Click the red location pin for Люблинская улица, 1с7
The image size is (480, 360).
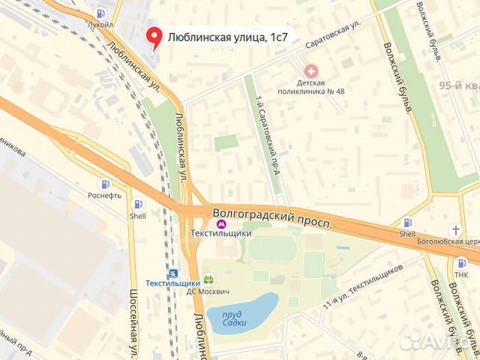[x=155, y=37]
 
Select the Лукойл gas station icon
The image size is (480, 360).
[x=100, y=13]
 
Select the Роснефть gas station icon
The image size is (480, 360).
[x=104, y=184]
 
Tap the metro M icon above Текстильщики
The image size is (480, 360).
[x=220, y=223]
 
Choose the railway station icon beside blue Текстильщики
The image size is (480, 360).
[x=173, y=274]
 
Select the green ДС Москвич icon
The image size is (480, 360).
[x=208, y=279]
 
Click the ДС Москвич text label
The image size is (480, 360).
[x=208, y=292]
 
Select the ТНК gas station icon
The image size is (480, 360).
[x=462, y=262]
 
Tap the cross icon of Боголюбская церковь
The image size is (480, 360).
[x=456, y=229]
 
